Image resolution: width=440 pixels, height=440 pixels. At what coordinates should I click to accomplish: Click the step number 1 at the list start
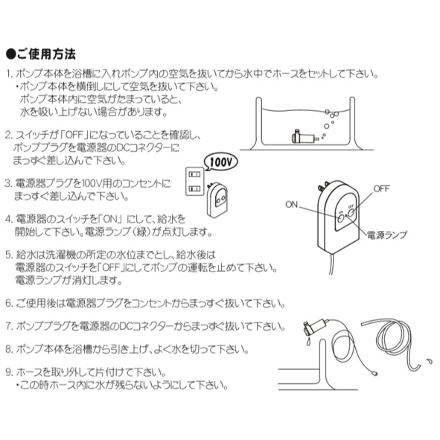10,75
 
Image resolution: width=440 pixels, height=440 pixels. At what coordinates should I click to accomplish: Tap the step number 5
10,253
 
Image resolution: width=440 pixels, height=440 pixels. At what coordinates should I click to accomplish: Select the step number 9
10,372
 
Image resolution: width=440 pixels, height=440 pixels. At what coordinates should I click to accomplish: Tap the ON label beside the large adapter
292,205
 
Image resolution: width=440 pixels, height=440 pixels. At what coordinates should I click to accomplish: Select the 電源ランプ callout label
386,234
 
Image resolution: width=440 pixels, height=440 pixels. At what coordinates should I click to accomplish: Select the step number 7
10,326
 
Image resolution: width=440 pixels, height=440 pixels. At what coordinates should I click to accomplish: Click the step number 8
10,348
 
